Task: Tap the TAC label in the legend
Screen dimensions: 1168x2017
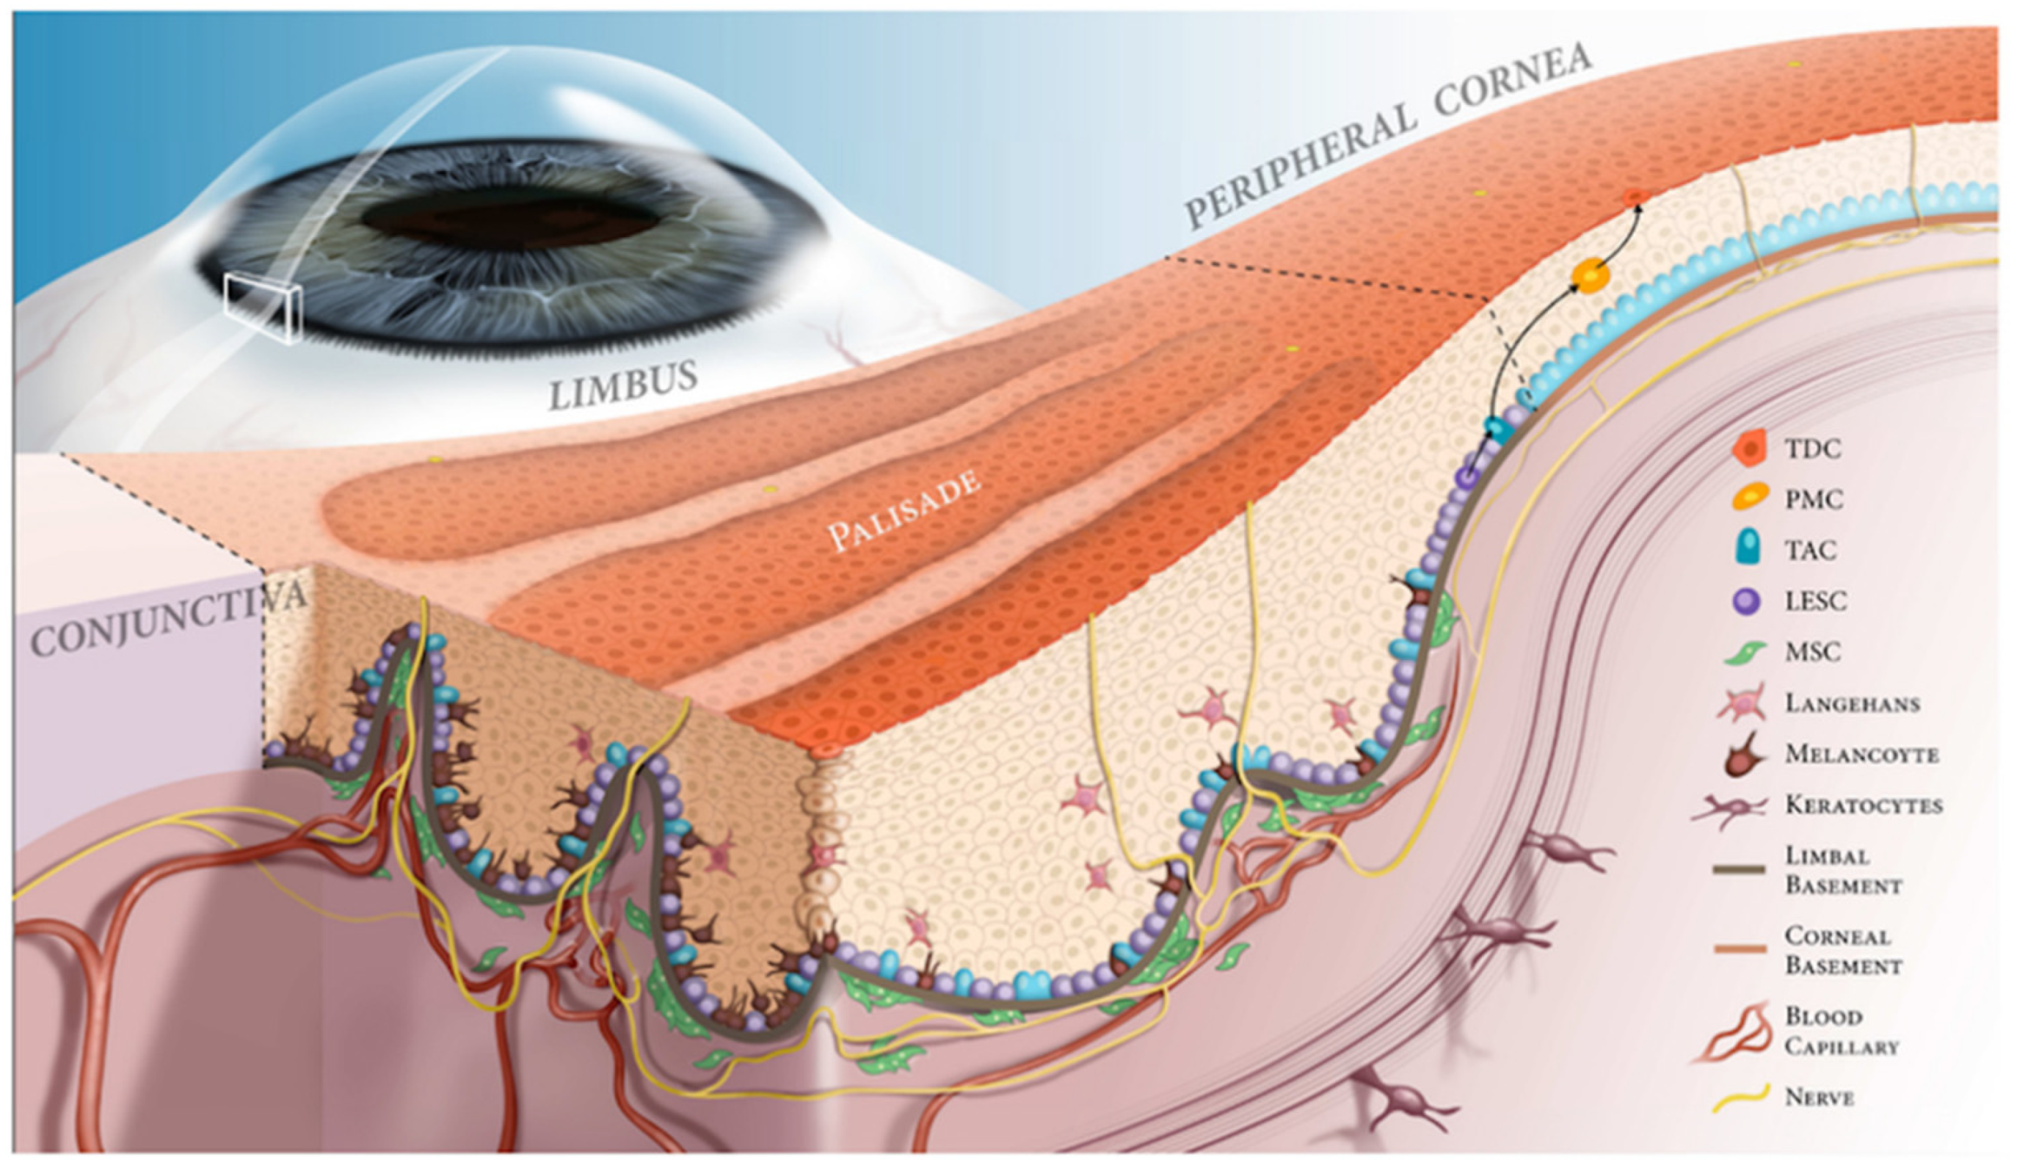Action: point(1811,550)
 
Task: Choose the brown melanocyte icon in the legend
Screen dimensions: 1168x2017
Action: point(1745,755)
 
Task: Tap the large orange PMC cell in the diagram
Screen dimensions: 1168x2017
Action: point(1590,275)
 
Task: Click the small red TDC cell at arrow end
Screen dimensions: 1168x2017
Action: point(1636,196)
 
